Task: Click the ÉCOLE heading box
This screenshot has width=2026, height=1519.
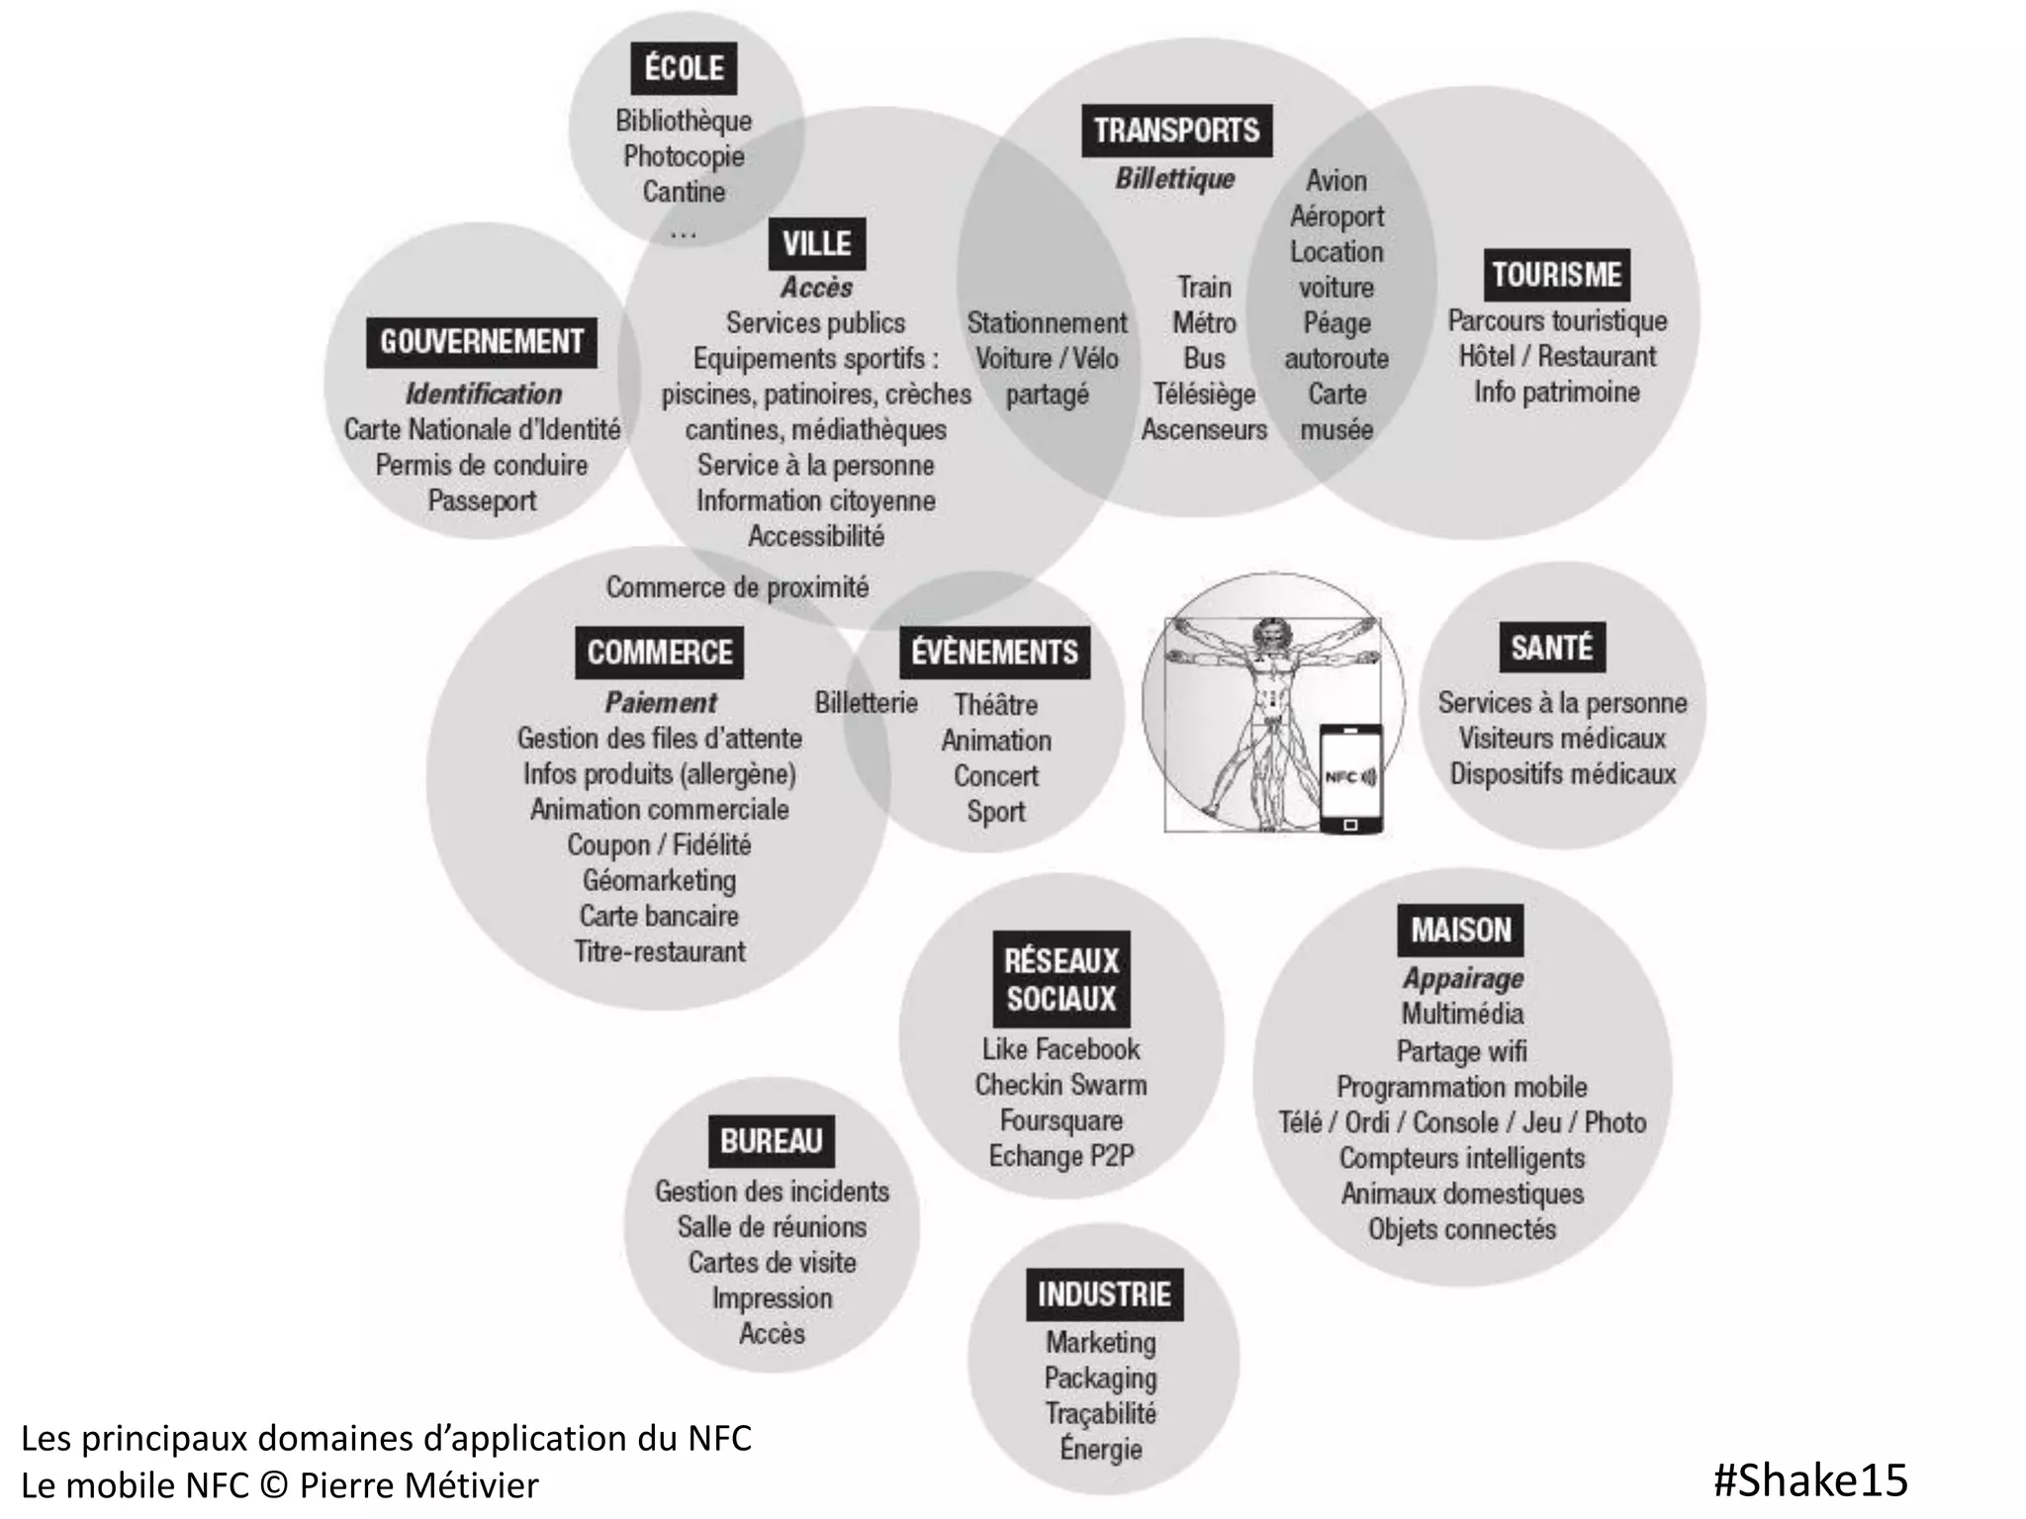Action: pyautogui.click(x=684, y=68)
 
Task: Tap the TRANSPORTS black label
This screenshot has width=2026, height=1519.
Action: pyautogui.click(x=1176, y=131)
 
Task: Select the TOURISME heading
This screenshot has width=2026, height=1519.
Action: pyautogui.click(x=1556, y=275)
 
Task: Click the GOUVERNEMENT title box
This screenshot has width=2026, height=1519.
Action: pyautogui.click(x=482, y=342)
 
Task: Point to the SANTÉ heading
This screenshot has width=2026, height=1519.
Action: pyautogui.click(x=1551, y=648)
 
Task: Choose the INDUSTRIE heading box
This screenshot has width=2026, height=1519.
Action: pyautogui.click(x=1104, y=1295)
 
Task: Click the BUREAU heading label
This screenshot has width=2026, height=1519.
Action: pyautogui.click(x=772, y=1141)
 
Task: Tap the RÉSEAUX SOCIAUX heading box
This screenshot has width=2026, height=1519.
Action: pyautogui.click(x=1061, y=979)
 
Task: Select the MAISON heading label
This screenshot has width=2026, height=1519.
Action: pyautogui.click(x=1461, y=930)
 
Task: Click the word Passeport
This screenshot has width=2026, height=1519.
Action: pyautogui.click(x=482, y=500)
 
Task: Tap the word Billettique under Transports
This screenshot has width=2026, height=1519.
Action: pyautogui.click(x=1175, y=179)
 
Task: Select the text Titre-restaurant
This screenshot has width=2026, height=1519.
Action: pyautogui.click(x=660, y=951)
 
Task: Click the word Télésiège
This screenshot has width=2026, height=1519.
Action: pyautogui.click(x=1204, y=394)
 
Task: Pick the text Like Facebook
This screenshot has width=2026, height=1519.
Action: pyautogui.click(x=1060, y=1049)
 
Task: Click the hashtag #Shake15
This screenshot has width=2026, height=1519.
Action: pyautogui.click(x=1810, y=1479)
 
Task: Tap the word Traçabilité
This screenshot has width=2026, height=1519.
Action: pyautogui.click(x=1101, y=1413)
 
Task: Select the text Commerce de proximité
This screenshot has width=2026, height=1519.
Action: pyautogui.click(x=737, y=587)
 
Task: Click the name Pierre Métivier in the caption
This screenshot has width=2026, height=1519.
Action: pyautogui.click(x=418, y=1485)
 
